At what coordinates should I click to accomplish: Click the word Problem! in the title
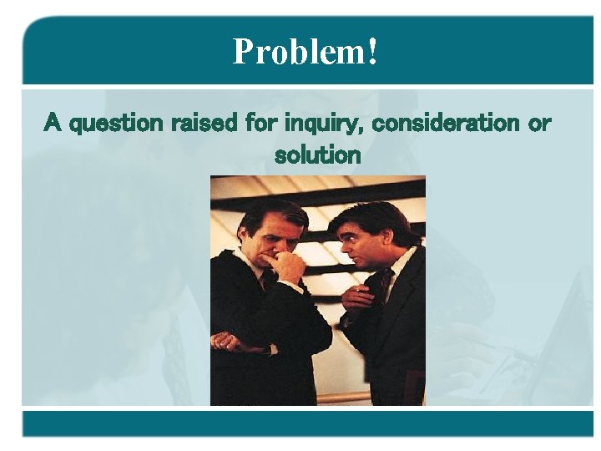pyautogui.click(x=306, y=52)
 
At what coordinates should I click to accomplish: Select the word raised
pyautogui.click(x=204, y=124)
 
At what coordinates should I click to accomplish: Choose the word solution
pyautogui.click(x=317, y=155)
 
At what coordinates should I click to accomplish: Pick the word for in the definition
pyautogui.click(x=261, y=124)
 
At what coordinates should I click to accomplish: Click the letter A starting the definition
pyautogui.click(x=53, y=124)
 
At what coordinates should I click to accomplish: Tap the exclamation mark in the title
pyautogui.click(x=372, y=52)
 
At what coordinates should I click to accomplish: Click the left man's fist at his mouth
pyautogui.click(x=289, y=266)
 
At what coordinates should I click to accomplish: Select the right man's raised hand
pyautogui.click(x=359, y=296)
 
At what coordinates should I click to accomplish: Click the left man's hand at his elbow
pyautogui.click(x=228, y=341)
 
